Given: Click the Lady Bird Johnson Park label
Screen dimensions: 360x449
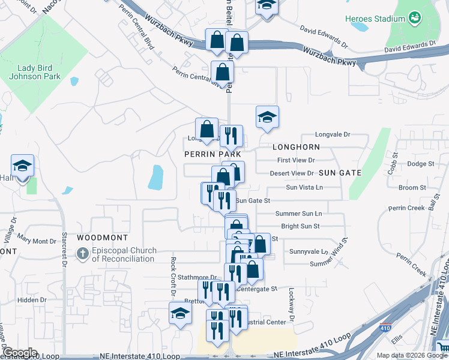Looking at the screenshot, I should coord(34,72).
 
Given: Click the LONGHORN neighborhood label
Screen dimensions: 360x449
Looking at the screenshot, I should coord(295,147).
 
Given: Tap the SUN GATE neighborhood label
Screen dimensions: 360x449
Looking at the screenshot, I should coord(340,173).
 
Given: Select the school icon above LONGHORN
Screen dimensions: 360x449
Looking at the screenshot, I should coord(267,116).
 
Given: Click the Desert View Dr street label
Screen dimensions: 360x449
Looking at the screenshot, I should coord(292,173).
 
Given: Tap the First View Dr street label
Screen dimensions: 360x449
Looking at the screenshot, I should coord(296,160).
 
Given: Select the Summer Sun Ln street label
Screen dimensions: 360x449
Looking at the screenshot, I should coord(298,214).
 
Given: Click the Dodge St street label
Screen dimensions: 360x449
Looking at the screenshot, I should coord(420,164).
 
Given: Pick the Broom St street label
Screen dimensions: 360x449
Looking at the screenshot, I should coord(412,188).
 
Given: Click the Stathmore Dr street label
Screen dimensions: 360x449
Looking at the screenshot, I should coord(196,277).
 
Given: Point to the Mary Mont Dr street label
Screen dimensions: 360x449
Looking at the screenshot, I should coord(37,241).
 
